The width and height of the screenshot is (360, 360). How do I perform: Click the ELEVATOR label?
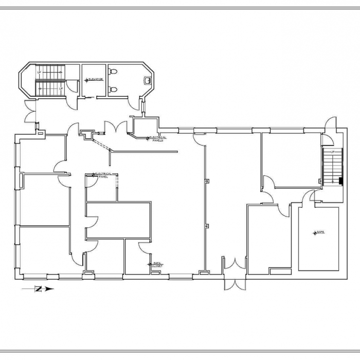[96, 79]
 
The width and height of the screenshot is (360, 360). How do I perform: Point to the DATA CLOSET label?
[158, 264]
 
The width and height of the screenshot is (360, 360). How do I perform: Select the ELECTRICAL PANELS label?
[157, 139]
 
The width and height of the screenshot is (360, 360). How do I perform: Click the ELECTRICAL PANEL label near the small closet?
[102, 175]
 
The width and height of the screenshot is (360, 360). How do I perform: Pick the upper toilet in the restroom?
[113, 71]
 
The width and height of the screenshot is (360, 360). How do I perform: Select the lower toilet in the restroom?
[113, 89]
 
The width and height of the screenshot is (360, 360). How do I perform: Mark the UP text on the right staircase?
[333, 152]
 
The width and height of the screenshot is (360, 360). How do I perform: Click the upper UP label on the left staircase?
[39, 73]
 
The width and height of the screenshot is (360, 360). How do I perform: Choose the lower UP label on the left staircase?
[61, 88]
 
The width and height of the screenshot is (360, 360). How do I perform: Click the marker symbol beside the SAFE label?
[315, 233]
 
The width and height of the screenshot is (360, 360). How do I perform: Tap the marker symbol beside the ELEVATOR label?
[86, 81]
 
